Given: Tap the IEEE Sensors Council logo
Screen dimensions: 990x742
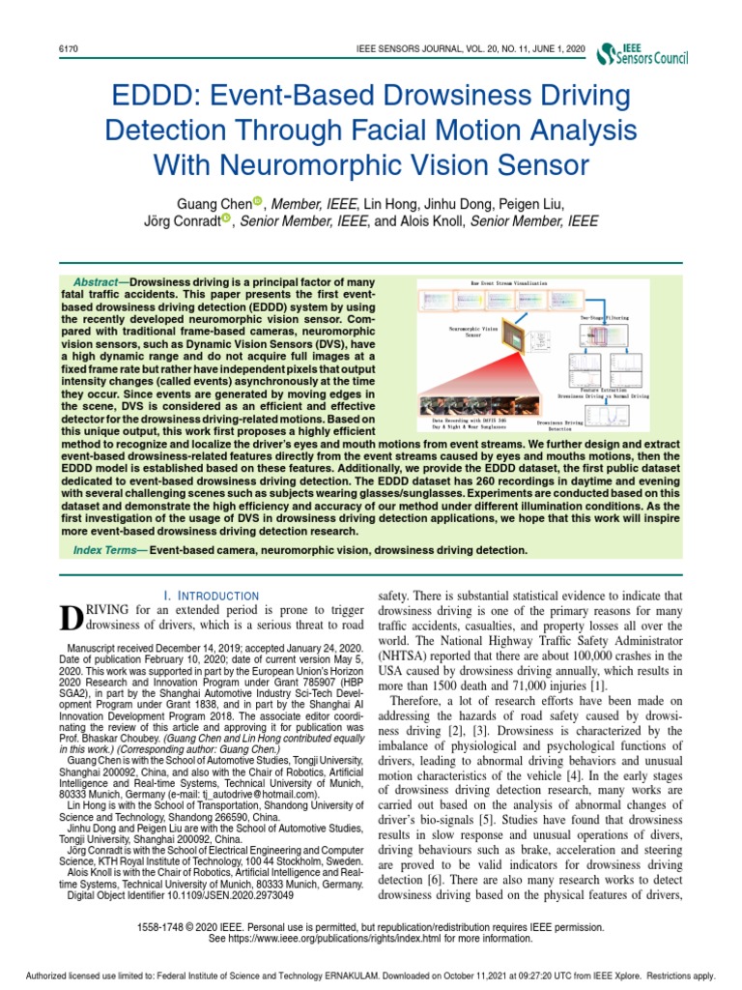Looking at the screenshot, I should coord(644,54).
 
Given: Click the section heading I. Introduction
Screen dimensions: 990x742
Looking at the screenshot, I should coord(211,596).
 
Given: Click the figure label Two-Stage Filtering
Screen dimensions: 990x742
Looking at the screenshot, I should coord(603,317).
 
